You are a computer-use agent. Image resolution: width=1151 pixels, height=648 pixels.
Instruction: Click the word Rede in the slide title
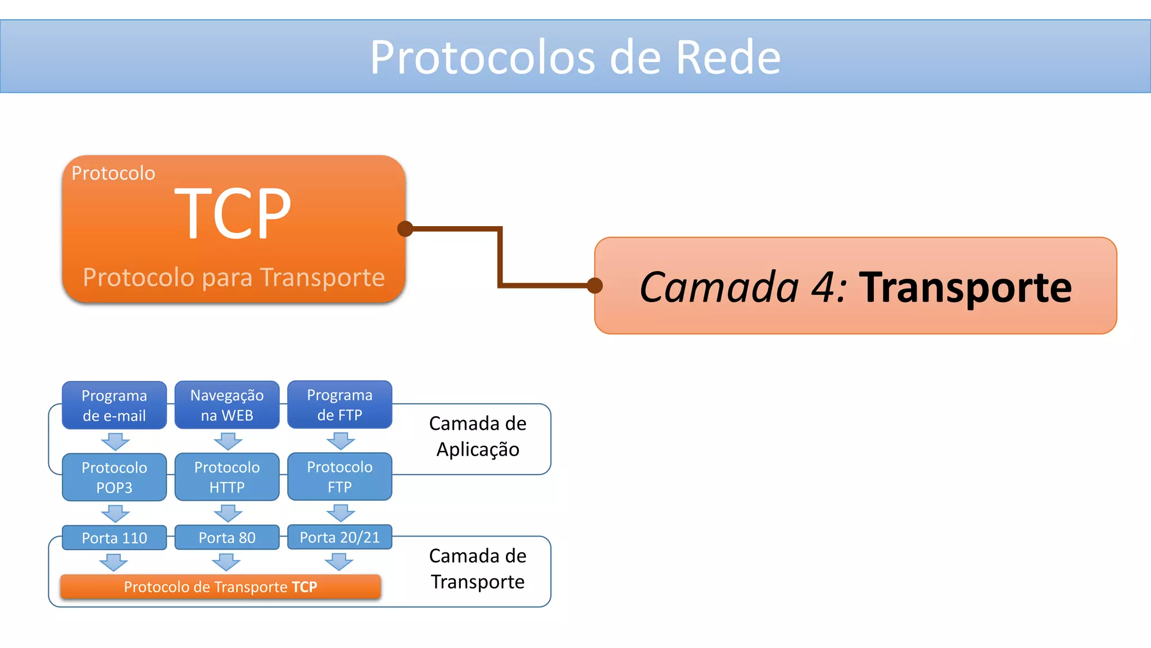tap(728, 57)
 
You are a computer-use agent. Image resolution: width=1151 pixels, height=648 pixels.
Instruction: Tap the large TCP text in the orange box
tap(233, 214)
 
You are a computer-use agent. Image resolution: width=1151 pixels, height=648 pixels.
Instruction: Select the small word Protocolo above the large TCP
tap(113, 173)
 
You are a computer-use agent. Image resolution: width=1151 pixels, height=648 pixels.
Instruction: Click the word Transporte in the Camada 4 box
tap(965, 287)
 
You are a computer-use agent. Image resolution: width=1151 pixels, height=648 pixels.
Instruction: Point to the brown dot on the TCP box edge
tap(405, 228)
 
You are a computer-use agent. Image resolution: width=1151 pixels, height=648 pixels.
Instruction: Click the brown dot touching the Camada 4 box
tap(595, 286)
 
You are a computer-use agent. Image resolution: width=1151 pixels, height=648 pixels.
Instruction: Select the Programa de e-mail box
tap(114, 405)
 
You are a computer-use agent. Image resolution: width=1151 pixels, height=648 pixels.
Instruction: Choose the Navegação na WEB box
tap(227, 405)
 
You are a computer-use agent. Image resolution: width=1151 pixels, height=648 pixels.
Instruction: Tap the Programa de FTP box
tap(339, 404)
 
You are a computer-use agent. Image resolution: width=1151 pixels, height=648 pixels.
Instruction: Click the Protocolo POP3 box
tap(114, 477)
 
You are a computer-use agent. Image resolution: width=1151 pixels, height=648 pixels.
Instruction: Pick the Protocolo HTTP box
tap(227, 476)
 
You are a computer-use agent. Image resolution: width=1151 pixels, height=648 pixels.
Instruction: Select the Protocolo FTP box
tap(339, 476)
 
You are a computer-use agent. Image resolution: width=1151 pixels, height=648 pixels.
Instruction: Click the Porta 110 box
tap(114, 538)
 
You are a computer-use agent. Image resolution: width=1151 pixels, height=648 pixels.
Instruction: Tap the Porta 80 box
tap(227, 537)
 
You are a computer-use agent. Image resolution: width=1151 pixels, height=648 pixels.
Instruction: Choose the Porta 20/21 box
tap(339, 537)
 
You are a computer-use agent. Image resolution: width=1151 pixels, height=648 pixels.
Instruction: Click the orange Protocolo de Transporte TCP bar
tap(220, 587)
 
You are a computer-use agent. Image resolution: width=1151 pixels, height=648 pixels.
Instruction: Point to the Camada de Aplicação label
tap(478, 436)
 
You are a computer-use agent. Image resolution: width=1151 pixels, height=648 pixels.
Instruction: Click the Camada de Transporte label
tap(478, 569)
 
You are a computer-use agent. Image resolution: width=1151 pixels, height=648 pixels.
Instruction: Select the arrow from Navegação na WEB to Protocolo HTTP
tap(228, 441)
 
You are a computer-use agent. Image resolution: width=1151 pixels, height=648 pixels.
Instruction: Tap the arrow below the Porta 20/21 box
tap(339, 561)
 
